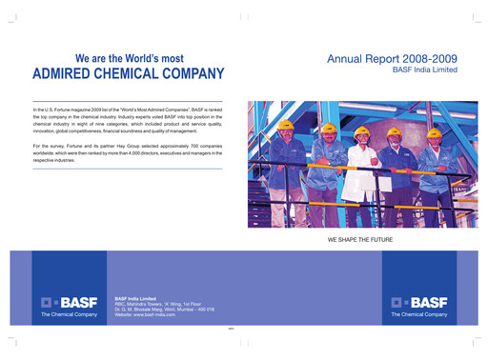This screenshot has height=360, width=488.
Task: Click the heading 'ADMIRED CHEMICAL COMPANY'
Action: pos(129,73)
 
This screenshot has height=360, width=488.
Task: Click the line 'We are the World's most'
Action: pos(129,57)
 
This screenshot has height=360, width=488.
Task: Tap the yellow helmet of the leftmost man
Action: pos(284,125)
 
